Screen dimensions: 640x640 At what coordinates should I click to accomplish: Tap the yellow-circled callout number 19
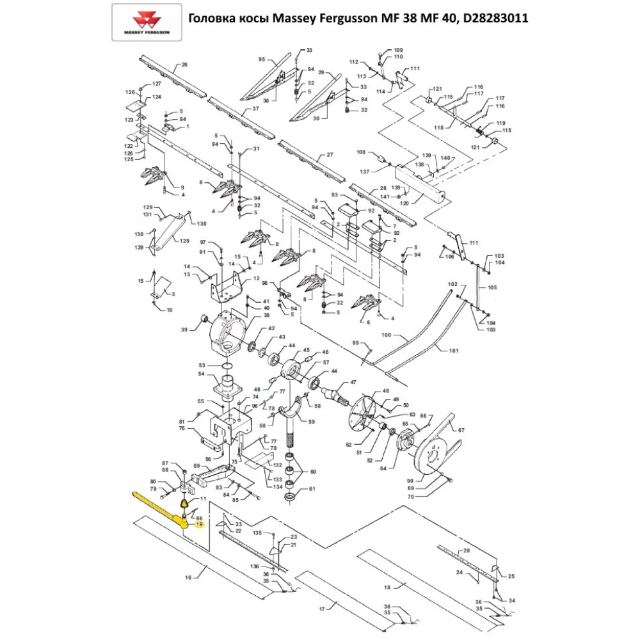199,524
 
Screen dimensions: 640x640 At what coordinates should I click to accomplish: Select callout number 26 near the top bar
184,65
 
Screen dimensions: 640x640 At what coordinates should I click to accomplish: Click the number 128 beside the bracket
184,241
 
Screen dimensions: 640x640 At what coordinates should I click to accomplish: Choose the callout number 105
492,288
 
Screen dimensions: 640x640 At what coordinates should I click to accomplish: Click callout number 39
184,330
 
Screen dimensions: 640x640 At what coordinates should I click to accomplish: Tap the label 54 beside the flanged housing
201,374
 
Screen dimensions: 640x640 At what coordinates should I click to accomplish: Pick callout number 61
312,489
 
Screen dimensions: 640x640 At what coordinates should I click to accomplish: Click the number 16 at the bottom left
188,578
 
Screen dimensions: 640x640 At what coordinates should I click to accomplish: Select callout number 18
386,586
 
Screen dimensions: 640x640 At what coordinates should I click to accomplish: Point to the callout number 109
398,50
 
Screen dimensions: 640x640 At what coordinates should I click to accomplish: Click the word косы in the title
254,19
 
